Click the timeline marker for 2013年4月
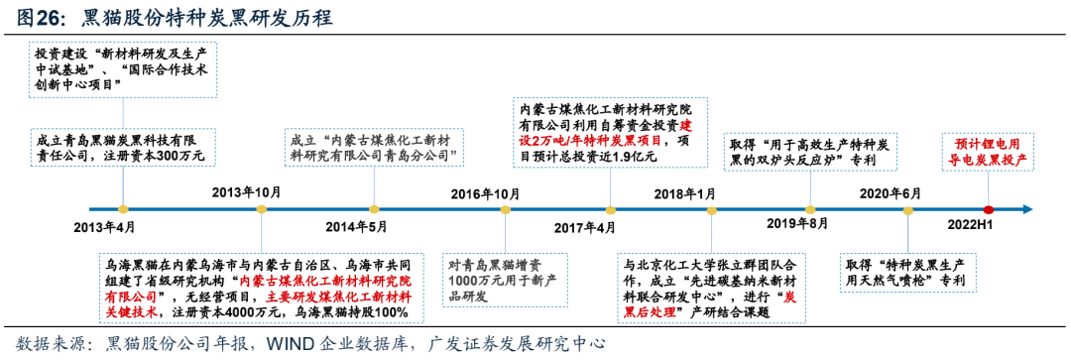[122, 209]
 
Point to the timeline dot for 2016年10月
[506, 209]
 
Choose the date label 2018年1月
[685, 192]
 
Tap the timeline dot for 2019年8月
[811, 209]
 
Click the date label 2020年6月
[890, 192]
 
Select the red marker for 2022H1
[988, 209]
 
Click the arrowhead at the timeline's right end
[1027, 209]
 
